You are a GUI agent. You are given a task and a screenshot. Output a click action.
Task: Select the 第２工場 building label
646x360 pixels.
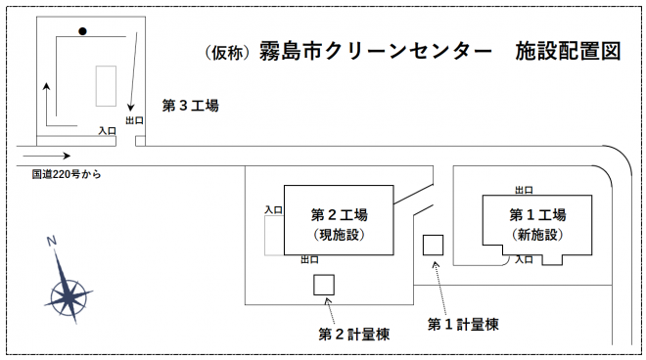[x=339, y=214]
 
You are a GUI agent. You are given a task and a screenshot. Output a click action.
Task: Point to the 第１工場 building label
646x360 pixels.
[x=537, y=214]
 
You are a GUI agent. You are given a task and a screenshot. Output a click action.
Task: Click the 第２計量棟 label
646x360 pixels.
[x=354, y=334]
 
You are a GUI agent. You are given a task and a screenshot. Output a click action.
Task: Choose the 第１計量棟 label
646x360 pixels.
[x=464, y=324]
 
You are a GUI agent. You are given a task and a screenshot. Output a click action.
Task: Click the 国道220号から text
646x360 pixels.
[x=67, y=174]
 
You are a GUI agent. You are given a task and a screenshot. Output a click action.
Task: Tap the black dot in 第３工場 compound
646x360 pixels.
[x=83, y=31]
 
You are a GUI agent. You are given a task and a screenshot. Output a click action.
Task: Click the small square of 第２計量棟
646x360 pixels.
[x=324, y=284]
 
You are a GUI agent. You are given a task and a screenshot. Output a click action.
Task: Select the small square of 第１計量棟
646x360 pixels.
[x=433, y=245]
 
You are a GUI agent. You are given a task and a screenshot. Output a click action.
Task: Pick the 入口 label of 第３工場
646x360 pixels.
[x=108, y=130]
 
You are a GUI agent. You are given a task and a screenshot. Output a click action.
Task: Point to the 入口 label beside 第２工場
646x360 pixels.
[x=274, y=209]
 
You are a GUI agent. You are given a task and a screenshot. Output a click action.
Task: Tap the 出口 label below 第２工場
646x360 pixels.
[x=309, y=260]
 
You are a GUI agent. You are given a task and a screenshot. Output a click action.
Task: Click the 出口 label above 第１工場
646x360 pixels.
[x=525, y=190]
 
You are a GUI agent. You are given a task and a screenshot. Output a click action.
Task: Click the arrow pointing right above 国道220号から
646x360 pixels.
[x=46, y=156]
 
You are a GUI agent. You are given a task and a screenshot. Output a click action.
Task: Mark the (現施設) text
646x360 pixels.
[x=339, y=235]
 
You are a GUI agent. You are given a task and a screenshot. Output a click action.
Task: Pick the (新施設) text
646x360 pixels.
[x=537, y=235]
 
